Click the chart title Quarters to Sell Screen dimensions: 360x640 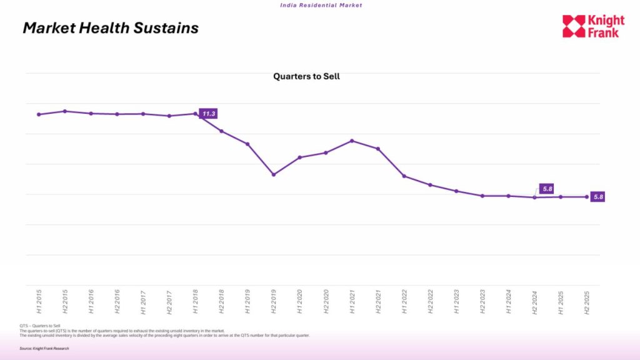[x=306, y=76]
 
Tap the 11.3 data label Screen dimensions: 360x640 [x=209, y=114]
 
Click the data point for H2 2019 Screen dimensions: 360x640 [x=274, y=174]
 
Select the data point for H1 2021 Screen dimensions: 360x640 [x=352, y=141]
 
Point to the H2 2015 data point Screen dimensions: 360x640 [x=65, y=111]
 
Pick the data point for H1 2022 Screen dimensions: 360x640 [x=404, y=176]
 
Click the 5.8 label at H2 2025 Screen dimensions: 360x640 [x=598, y=197]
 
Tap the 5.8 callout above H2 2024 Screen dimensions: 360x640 [x=546, y=189]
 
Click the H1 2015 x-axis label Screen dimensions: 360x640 [x=39, y=301]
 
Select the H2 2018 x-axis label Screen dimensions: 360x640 [x=221, y=301]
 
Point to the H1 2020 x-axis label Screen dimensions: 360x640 [x=299, y=301]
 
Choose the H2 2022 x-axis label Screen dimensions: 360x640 [x=430, y=301]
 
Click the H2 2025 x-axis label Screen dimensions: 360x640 [x=586, y=301]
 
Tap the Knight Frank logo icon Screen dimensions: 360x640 [x=574, y=26]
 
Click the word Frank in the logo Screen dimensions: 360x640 [x=603, y=32]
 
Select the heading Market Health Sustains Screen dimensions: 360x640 [x=111, y=28]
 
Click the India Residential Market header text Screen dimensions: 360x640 [x=320, y=5]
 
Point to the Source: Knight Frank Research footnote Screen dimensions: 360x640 [x=44, y=348]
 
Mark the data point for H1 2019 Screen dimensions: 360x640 [x=247, y=144]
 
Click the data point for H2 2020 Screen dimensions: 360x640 [x=326, y=152]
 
